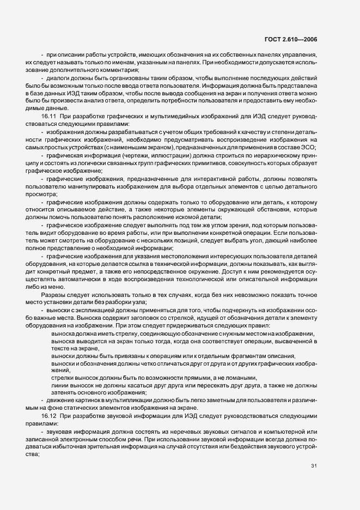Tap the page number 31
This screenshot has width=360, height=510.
coord(314,466)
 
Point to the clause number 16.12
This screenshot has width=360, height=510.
coord(51,416)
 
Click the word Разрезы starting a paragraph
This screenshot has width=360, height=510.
coord(53,294)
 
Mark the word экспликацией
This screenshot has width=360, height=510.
coord(87,310)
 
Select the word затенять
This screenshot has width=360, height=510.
coord(64,392)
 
